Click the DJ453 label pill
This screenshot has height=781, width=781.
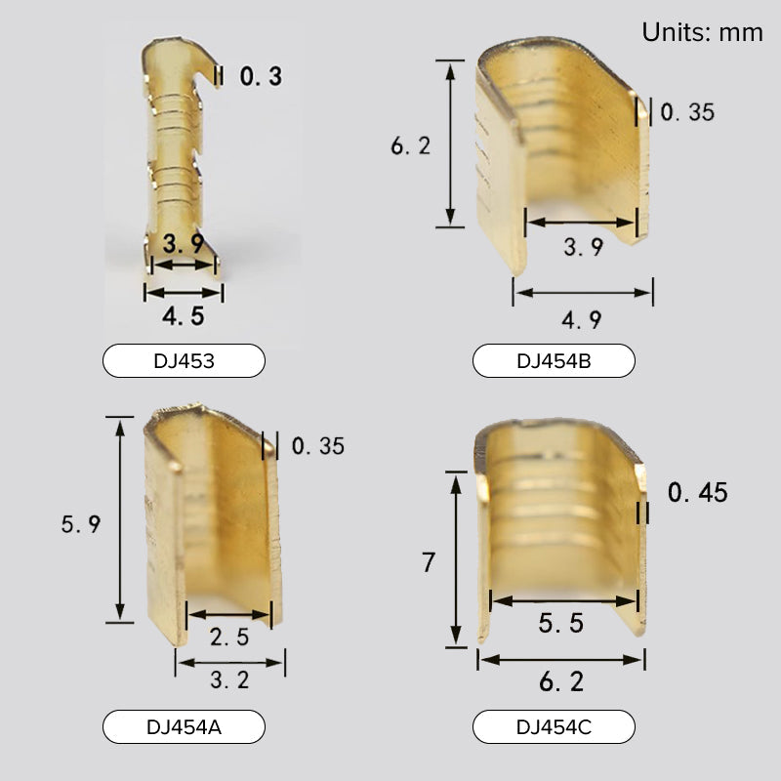click(x=184, y=360)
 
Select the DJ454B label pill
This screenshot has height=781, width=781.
click(x=554, y=360)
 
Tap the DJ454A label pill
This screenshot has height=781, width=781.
click(x=184, y=726)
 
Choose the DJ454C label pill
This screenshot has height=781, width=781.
click(x=554, y=726)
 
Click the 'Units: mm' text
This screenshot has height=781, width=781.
click(x=702, y=32)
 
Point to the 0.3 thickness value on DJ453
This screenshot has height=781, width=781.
click(x=261, y=76)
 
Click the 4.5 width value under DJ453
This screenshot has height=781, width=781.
click(x=184, y=316)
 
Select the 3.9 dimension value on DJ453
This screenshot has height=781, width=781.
click(x=184, y=243)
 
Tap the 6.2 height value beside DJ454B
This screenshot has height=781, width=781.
click(x=410, y=145)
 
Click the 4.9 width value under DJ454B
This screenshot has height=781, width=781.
click(x=582, y=320)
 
